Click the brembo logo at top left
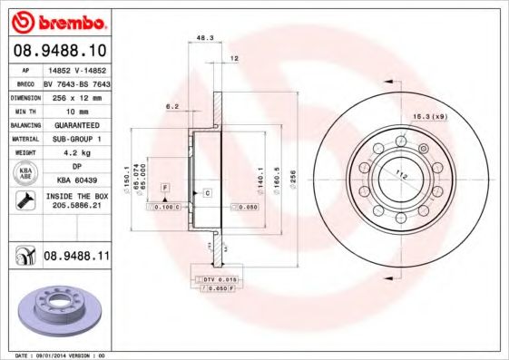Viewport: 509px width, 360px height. pyautogui.click(x=57, y=21)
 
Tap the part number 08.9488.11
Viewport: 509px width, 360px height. pyautogui.click(x=77, y=258)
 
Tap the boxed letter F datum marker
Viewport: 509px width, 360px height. pyautogui.click(x=165, y=186)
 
